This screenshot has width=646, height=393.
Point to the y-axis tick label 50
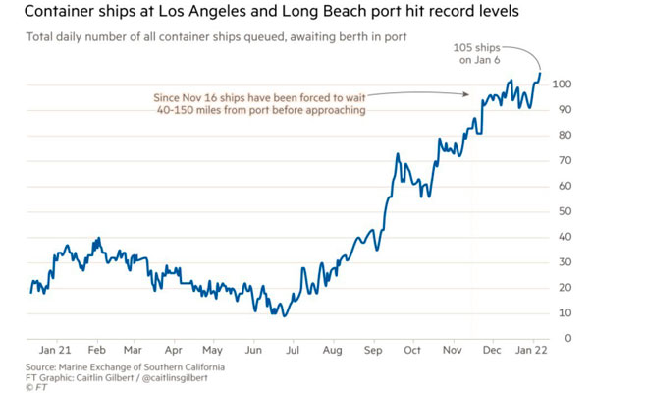click(x=559, y=211)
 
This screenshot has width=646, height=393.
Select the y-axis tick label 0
click(x=556, y=339)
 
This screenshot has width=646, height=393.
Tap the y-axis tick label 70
click(x=559, y=160)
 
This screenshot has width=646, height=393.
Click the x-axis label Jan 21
click(x=55, y=349)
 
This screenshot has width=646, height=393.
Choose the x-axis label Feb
click(x=96, y=349)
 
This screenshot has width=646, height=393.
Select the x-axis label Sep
click(x=373, y=349)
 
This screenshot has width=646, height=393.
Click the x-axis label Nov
click(x=453, y=349)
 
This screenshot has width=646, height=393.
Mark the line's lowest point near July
click(x=284, y=315)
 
